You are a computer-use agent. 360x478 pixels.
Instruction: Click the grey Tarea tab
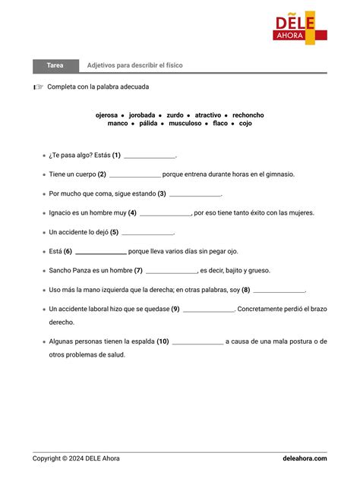pyautogui.click(x=55, y=65)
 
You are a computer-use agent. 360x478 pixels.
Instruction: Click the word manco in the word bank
pyautogui.click(x=118, y=123)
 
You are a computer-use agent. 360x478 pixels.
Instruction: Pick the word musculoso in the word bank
pyautogui.click(x=185, y=123)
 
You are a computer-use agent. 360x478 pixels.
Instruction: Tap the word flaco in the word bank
pyautogui.click(x=220, y=123)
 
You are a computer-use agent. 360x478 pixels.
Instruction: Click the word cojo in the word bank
pyautogui.click(x=245, y=123)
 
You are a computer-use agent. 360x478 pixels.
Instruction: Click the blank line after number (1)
pyautogui.click(x=149, y=156)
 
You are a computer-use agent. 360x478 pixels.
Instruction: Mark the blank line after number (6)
pyautogui.click(x=100, y=253)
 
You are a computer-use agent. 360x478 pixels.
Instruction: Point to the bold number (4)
pyautogui.click(x=132, y=213)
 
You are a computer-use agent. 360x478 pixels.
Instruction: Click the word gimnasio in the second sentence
pyautogui.click(x=278, y=175)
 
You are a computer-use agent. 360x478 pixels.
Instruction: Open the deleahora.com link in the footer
pyautogui.click(x=305, y=458)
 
